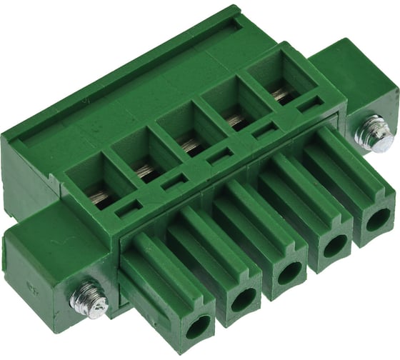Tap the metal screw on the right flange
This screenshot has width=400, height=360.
tap(374, 133)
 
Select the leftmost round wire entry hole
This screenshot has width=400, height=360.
tap(198, 326)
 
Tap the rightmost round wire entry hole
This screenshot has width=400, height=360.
tap(377, 220)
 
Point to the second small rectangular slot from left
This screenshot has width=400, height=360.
tap(174, 183)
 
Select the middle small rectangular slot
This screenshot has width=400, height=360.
tap(219, 156)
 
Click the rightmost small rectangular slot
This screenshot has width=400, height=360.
tap(308, 104)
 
